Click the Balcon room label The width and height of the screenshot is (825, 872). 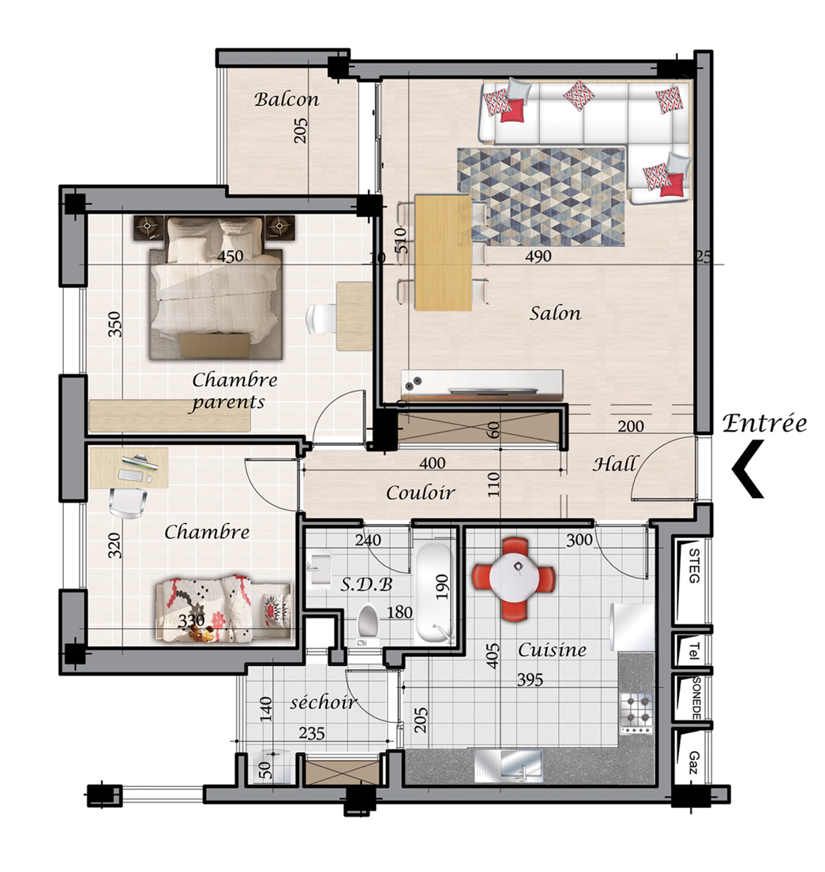click(x=287, y=99)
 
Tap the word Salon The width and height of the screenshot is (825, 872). click(x=555, y=313)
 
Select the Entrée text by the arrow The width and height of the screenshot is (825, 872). click(x=765, y=424)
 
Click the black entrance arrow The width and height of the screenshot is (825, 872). click(x=748, y=469)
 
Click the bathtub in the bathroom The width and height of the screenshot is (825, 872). click(x=434, y=593)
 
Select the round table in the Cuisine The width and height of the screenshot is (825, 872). click(x=514, y=578)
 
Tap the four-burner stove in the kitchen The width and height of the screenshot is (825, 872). click(x=636, y=713)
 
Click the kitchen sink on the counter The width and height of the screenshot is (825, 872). click(x=508, y=765)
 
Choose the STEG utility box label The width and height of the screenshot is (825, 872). click(x=694, y=566)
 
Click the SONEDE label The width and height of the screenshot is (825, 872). click(x=696, y=698)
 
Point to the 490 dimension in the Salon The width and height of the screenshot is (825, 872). click(x=538, y=256)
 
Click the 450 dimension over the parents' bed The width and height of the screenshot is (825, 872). click(x=230, y=256)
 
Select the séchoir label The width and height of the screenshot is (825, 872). click(x=323, y=702)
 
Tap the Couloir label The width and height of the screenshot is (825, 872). click(x=420, y=492)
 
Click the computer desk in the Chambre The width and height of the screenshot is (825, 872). click(x=129, y=468)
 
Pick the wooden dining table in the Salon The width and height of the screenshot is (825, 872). click(x=444, y=252)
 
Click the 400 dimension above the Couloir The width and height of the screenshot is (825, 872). click(x=433, y=462)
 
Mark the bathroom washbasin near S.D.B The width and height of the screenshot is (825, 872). click(x=321, y=568)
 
